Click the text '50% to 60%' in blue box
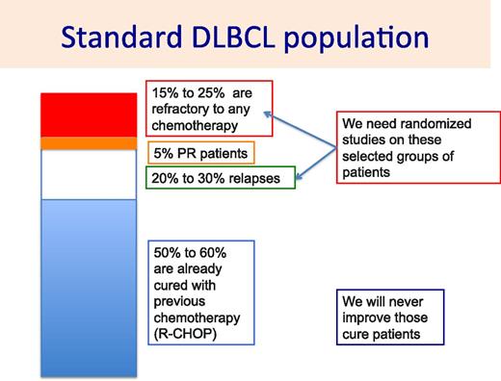tap(189, 251)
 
